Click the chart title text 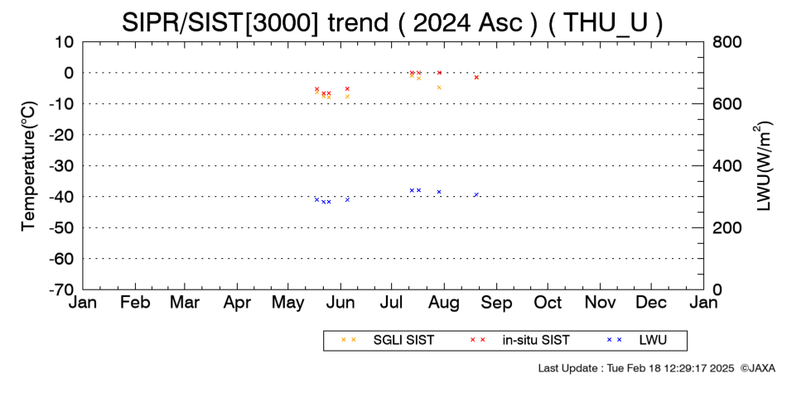pyautogui.click(x=392, y=22)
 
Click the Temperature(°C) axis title pyautogui.click(x=30, y=166)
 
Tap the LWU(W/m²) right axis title pyautogui.click(x=762, y=166)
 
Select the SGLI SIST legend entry pyautogui.click(x=387, y=340)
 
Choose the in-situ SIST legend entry pyautogui.click(x=520, y=340)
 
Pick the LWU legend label pyautogui.click(x=637, y=340)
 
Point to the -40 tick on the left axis pyautogui.click(x=62, y=197)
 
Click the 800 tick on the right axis pyautogui.click(x=727, y=42)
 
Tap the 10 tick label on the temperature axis pyautogui.click(x=65, y=42)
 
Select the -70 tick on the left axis pyautogui.click(x=62, y=289)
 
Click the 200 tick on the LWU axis pyautogui.click(x=727, y=228)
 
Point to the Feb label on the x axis pyautogui.click(x=135, y=303)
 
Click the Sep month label pyautogui.click(x=497, y=304)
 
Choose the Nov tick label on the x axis pyautogui.click(x=601, y=303)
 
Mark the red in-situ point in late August pyautogui.click(x=476, y=77)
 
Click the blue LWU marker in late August pyautogui.click(x=476, y=194)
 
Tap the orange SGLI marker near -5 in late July pyautogui.click(x=439, y=87)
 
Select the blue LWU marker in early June pyautogui.click(x=347, y=199)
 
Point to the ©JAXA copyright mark pyautogui.click(x=757, y=368)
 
